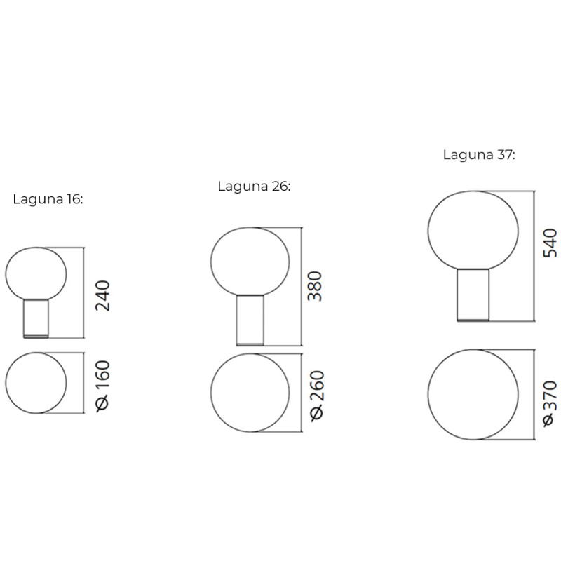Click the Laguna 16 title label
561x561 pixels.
48,199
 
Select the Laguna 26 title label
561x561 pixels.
254,186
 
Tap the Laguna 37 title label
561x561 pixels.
479,155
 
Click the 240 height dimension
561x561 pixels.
102,296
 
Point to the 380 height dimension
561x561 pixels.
316,286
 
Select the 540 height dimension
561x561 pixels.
549,243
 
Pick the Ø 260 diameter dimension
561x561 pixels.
316,394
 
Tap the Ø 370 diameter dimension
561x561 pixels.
549,403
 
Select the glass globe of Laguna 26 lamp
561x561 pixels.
250,261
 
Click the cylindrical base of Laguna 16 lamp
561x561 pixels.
36,318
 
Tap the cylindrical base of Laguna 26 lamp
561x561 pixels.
250,320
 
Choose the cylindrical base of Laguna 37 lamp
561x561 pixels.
473,295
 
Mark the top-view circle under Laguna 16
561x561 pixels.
36,384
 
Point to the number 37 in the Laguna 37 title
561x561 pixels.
505,155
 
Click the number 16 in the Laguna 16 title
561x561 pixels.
74,199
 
